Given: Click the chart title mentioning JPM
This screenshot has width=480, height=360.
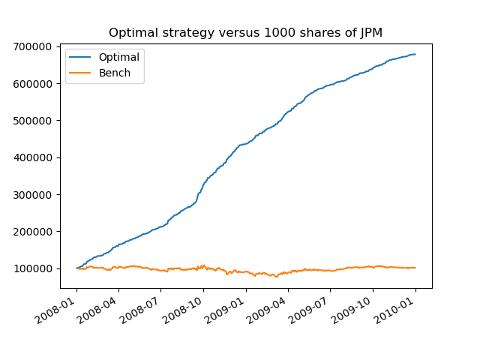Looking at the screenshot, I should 245,32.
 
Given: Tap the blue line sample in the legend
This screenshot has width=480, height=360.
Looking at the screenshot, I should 81,57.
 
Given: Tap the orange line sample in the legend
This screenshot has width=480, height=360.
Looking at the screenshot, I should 81,72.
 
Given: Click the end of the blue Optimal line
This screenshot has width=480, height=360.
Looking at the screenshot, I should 415,54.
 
